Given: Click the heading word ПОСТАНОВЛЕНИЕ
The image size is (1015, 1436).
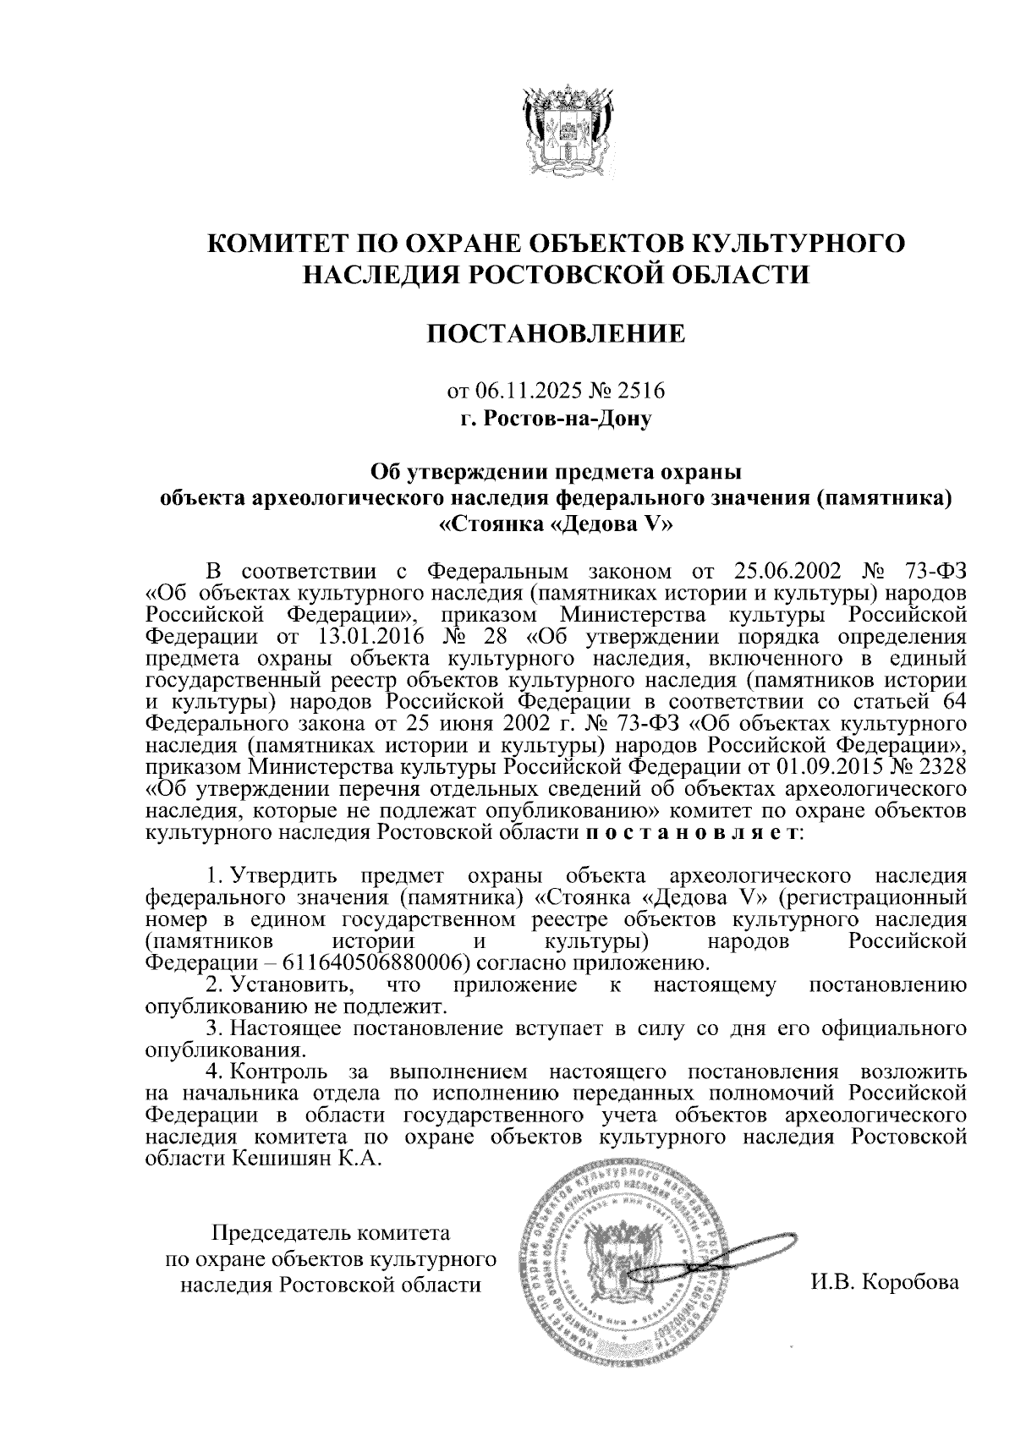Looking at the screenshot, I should [556, 333].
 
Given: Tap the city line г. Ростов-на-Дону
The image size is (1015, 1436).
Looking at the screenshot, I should [556, 418].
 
